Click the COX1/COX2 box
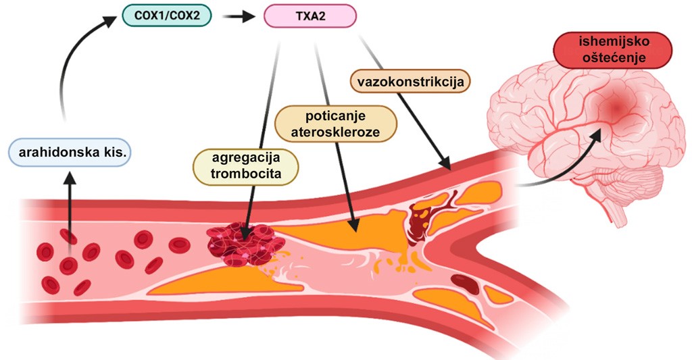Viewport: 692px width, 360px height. click(167, 16)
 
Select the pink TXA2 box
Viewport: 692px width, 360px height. click(310, 16)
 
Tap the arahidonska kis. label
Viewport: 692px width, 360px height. click(70, 153)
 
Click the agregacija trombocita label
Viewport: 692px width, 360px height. click(246, 166)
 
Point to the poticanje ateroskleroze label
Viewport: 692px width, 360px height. click(335, 124)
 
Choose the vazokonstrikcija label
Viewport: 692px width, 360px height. click(410, 82)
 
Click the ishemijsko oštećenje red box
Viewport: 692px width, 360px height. click(614, 50)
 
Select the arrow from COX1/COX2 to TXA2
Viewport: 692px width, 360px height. click(239, 17)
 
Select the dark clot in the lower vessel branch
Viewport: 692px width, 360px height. click(465, 283)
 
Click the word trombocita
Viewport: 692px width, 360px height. click(246, 174)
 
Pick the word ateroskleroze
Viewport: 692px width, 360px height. click(335, 132)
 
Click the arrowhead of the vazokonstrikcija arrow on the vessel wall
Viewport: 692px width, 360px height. click(446, 164)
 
